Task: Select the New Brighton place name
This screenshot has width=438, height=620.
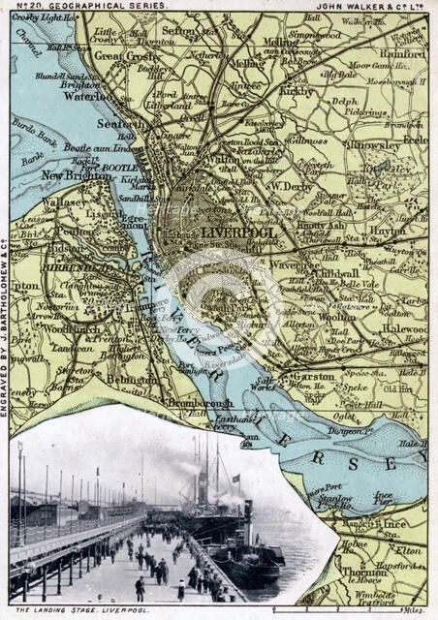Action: [71, 175]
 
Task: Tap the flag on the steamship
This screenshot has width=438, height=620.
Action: [235, 478]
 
